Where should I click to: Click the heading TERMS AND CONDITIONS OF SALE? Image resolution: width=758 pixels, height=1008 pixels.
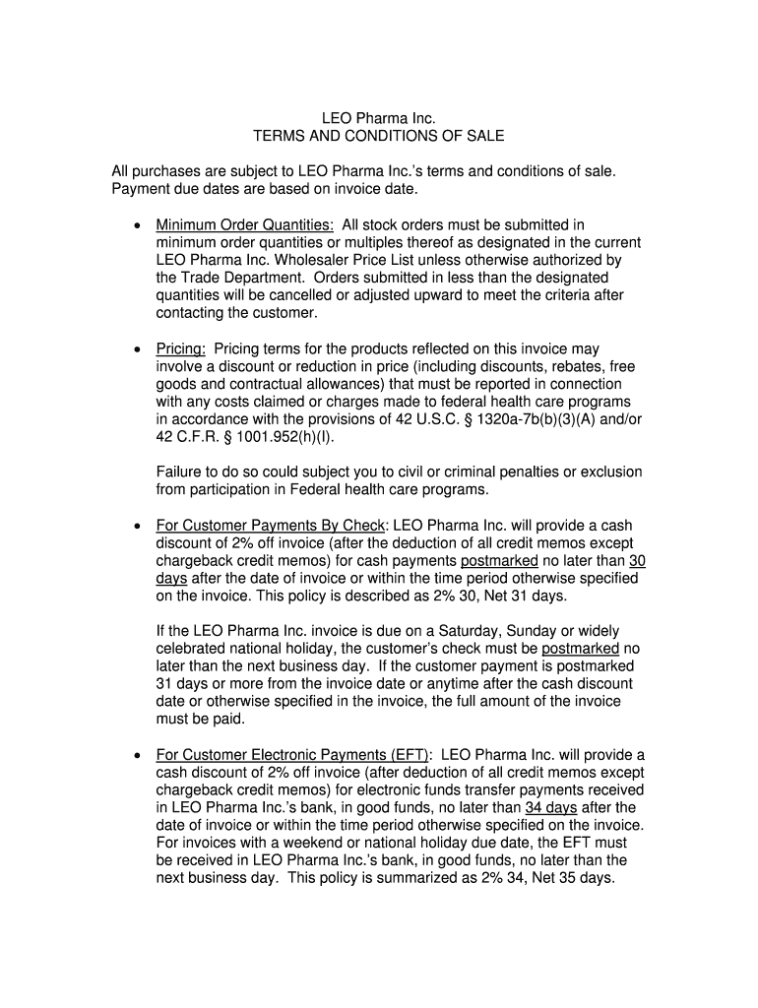(x=379, y=136)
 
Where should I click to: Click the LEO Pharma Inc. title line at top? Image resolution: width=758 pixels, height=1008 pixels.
(x=379, y=119)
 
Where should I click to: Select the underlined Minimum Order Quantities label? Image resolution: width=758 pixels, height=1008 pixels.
(x=244, y=225)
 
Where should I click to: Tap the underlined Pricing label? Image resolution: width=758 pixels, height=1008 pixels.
(x=181, y=349)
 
